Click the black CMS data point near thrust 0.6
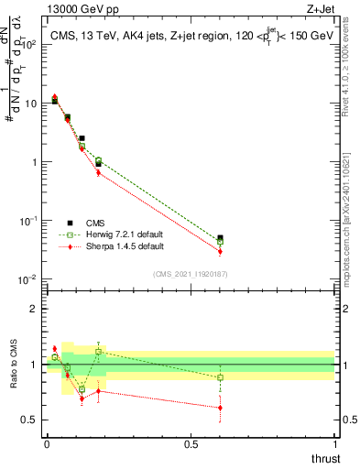[x=220, y=238]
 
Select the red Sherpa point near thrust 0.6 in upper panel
[x=220, y=251]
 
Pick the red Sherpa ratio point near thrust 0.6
[x=220, y=408]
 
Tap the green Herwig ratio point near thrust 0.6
[x=220, y=377]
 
